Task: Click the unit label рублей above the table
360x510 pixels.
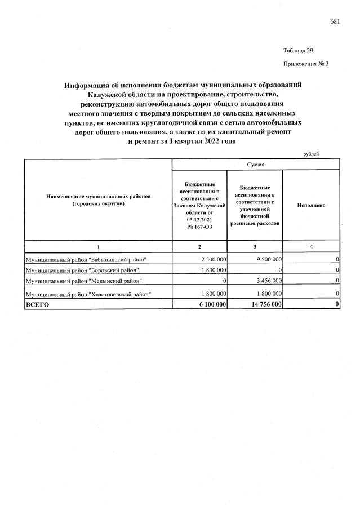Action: [311, 153]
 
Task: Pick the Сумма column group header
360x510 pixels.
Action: [255, 164]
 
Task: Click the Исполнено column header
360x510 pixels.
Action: [310, 205]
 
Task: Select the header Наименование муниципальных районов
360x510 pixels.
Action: [98, 200]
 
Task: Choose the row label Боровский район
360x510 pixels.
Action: [86, 269]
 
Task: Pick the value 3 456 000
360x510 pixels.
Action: [266, 280]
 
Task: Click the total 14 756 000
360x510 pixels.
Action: [263, 304]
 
